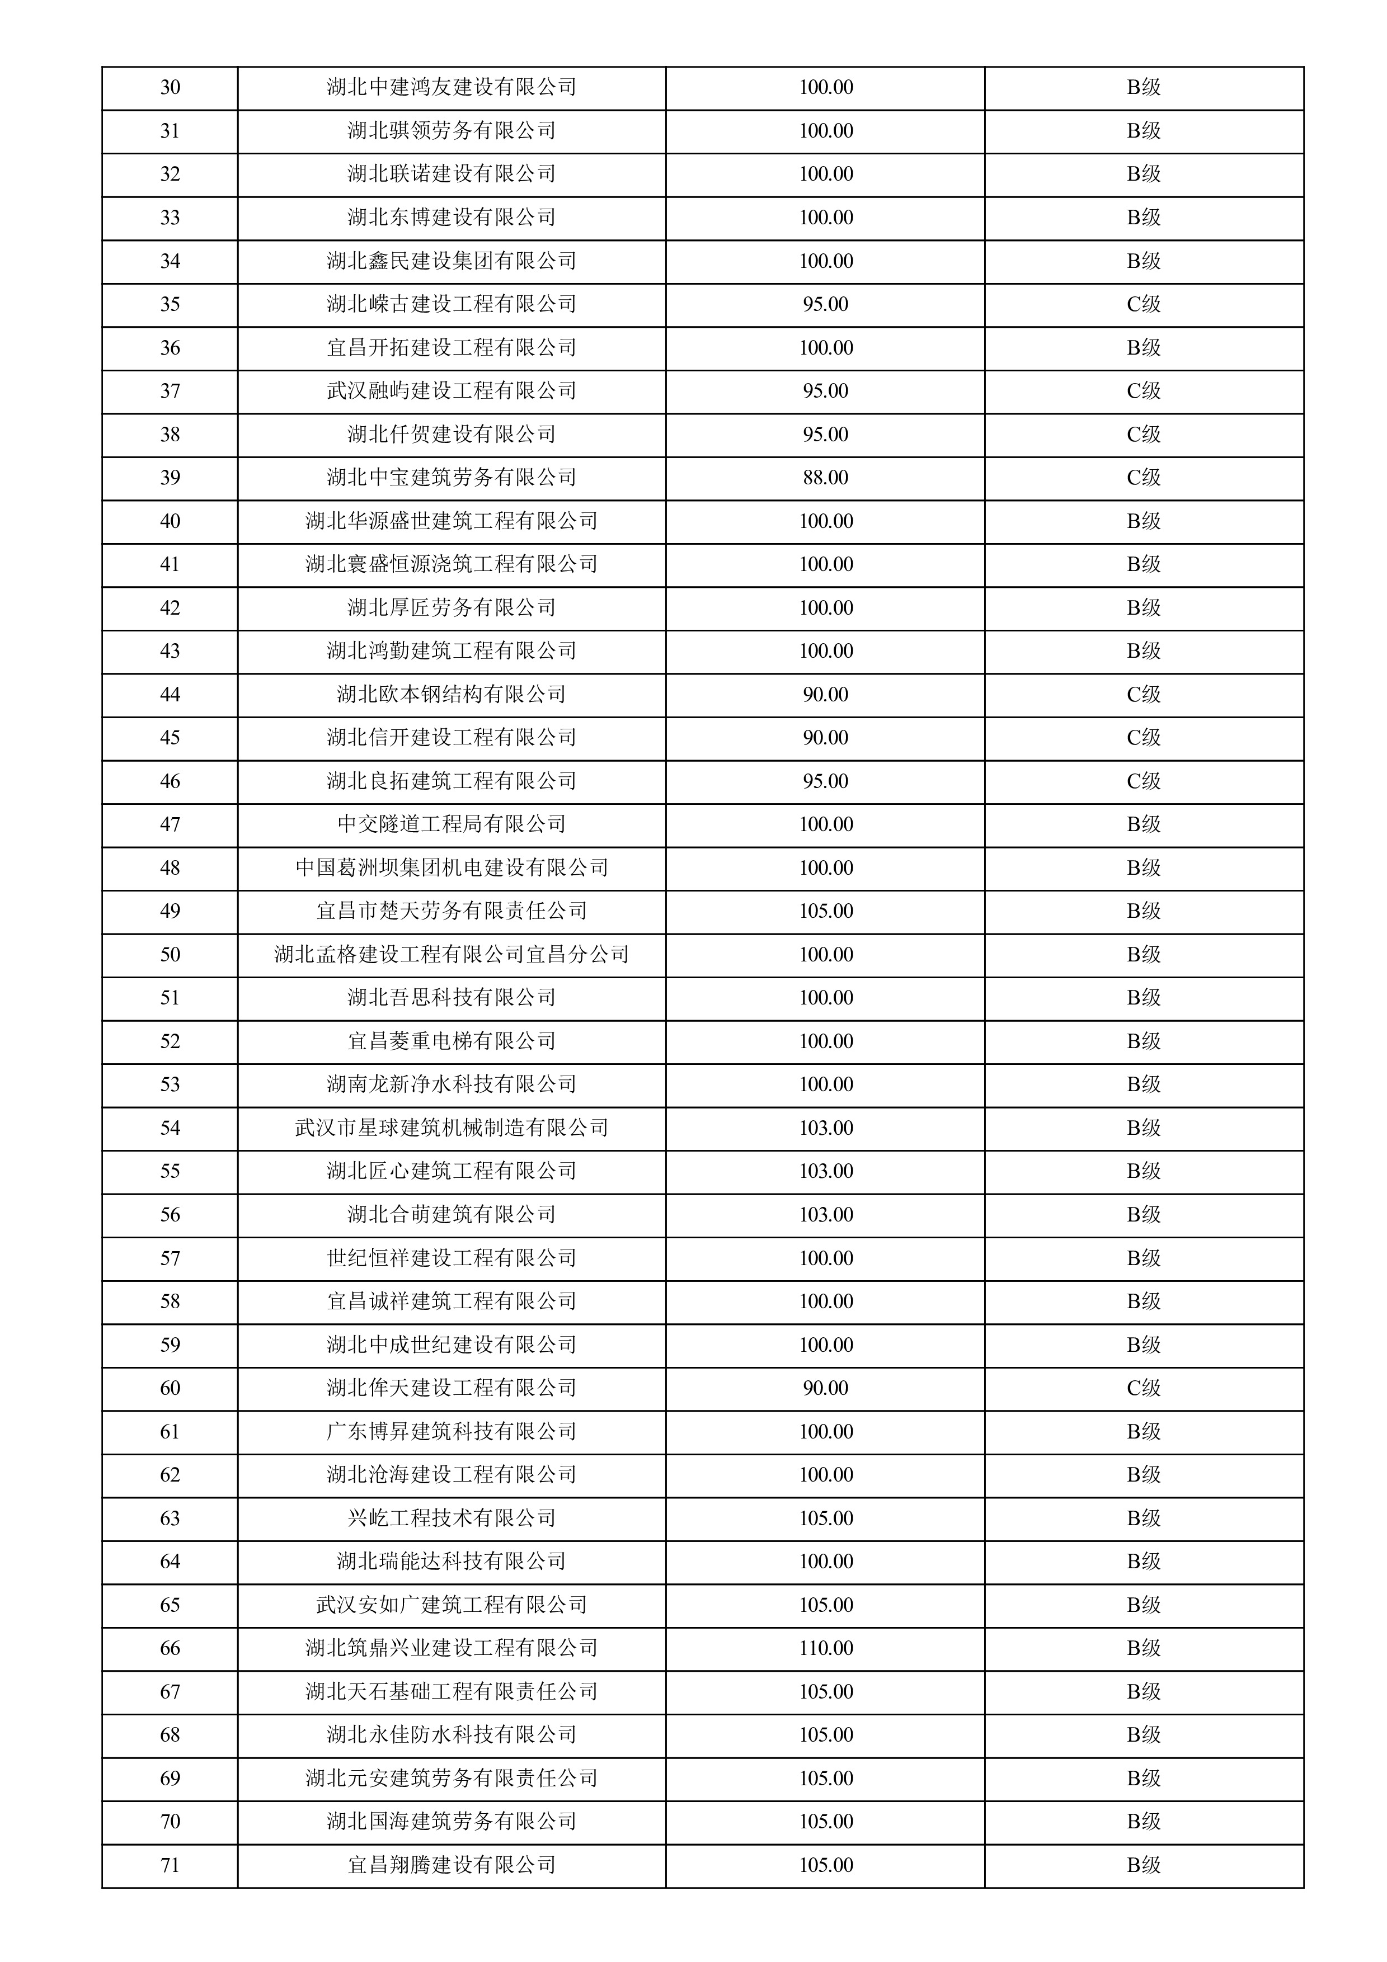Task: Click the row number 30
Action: click(x=170, y=87)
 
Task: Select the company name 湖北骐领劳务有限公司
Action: click(x=451, y=131)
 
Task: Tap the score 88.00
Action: click(x=825, y=478)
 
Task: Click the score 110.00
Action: click(x=825, y=1648)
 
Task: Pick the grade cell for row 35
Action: click(x=1144, y=304)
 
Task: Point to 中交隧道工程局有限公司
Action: click(x=451, y=824)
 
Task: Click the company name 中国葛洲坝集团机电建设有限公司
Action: click(x=451, y=868)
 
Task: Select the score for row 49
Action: click(x=825, y=911)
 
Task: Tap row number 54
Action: click(x=170, y=1128)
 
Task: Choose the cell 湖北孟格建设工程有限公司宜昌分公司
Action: click(x=451, y=955)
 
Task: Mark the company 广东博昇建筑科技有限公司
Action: click(x=451, y=1431)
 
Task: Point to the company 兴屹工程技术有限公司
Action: click(x=451, y=1518)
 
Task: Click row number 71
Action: click(x=170, y=1865)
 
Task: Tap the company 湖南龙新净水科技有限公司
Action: click(x=451, y=1084)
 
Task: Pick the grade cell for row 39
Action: click(x=1144, y=478)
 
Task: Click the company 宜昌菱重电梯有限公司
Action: click(x=451, y=1041)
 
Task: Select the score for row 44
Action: click(x=825, y=695)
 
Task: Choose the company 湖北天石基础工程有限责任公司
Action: click(x=451, y=1692)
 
